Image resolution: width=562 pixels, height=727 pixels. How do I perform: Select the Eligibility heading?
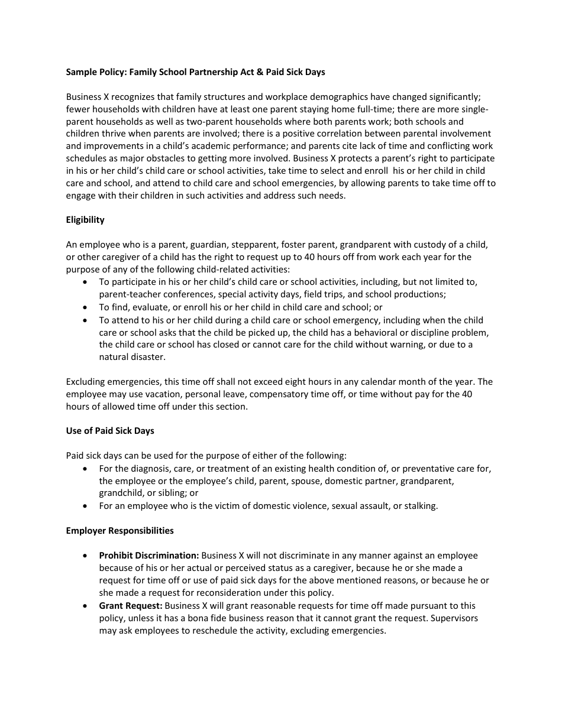(x=85, y=220)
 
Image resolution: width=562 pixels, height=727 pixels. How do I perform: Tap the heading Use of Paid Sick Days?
(x=110, y=431)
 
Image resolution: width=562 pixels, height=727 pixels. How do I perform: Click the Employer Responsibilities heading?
(x=119, y=531)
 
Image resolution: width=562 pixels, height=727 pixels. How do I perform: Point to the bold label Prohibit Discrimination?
(x=149, y=556)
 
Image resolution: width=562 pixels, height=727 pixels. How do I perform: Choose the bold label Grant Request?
(x=131, y=606)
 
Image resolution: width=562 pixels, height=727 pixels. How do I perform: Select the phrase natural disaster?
(x=133, y=357)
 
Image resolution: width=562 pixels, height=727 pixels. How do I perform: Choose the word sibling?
(x=172, y=493)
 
